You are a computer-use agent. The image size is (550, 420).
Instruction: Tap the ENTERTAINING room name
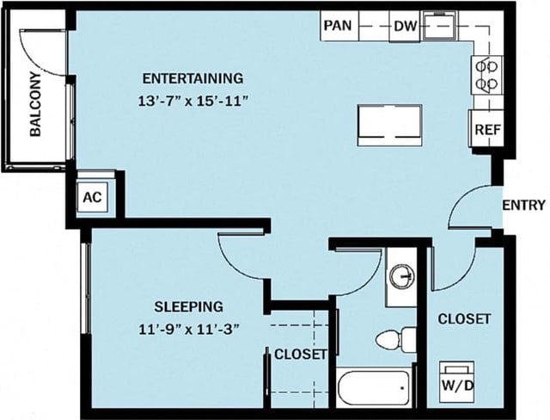pyautogui.click(x=193, y=77)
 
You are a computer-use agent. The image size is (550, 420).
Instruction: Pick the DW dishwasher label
pyautogui.click(x=405, y=27)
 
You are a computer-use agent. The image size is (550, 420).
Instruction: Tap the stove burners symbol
pyautogui.click(x=486, y=74)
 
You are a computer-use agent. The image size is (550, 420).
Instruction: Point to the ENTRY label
pyautogui.click(x=523, y=205)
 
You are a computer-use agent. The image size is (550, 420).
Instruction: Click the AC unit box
pyautogui.click(x=93, y=197)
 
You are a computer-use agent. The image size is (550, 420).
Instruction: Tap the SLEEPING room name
pyautogui.click(x=189, y=306)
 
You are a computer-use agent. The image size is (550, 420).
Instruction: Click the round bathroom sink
pyautogui.click(x=400, y=277)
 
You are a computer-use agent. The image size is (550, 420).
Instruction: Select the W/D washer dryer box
pyautogui.click(x=457, y=385)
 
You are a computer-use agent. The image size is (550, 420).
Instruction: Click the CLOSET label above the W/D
pyautogui.click(x=464, y=318)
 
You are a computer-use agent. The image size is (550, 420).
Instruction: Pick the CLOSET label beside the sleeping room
pyautogui.click(x=300, y=354)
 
